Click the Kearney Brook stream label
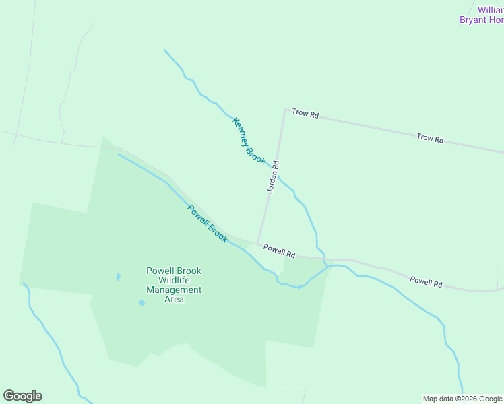[249, 141]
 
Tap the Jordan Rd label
[273, 177]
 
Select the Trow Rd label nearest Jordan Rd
[305, 114]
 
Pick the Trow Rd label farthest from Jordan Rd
[430, 139]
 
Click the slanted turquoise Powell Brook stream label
[208, 224]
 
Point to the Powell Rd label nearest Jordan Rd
[280, 251]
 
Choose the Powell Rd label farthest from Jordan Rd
[426, 282]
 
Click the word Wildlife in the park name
[174, 280]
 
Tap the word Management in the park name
[174, 290]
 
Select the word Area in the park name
[174, 299]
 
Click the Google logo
[22, 396]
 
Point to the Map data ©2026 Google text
[462, 399]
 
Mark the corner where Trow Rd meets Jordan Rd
[285, 110]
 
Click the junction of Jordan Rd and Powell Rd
[257, 244]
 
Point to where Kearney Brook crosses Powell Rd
[324, 258]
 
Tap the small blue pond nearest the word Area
[141, 303]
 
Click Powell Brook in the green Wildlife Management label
[174, 271]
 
